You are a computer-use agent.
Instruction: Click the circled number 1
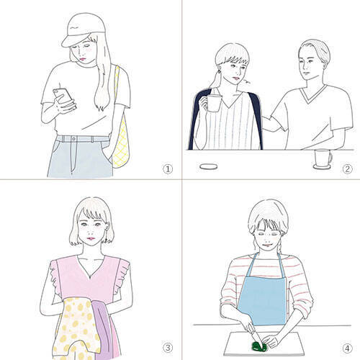click(168, 169)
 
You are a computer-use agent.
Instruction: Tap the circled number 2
click(347, 169)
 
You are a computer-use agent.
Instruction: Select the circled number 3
click(168, 348)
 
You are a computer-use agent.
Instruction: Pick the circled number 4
click(347, 348)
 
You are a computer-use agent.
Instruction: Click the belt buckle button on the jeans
click(73, 139)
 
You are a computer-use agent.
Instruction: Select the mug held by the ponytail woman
click(214, 103)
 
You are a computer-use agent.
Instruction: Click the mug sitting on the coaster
click(323, 158)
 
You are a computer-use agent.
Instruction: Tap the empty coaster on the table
click(209, 167)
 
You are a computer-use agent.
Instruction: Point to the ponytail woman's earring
click(219, 71)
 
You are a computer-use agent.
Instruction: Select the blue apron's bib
click(263, 300)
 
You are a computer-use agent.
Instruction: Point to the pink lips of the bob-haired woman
click(91, 238)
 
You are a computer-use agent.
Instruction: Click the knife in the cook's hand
click(255, 335)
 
